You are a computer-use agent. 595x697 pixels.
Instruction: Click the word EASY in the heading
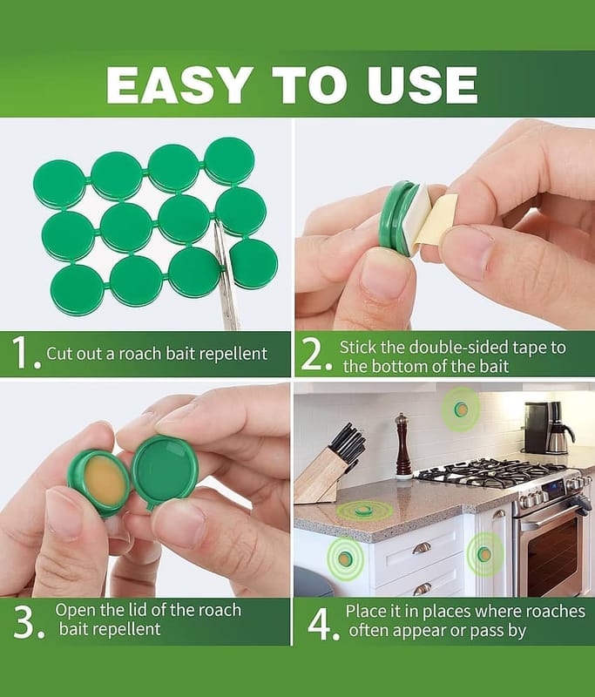[178, 85]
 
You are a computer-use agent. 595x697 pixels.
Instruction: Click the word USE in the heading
[423, 85]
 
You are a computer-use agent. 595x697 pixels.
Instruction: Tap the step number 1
[24, 353]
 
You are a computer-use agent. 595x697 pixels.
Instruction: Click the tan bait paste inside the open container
[105, 482]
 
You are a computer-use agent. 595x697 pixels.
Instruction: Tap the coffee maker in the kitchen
[548, 427]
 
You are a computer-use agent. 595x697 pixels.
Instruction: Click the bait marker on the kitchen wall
[461, 409]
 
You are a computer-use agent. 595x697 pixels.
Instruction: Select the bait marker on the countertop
[362, 511]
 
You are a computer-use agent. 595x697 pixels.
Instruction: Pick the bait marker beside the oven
[484, 554]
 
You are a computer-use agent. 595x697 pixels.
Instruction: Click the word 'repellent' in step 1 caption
[233, 354]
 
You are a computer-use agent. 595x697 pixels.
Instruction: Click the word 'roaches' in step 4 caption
[555, 612]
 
